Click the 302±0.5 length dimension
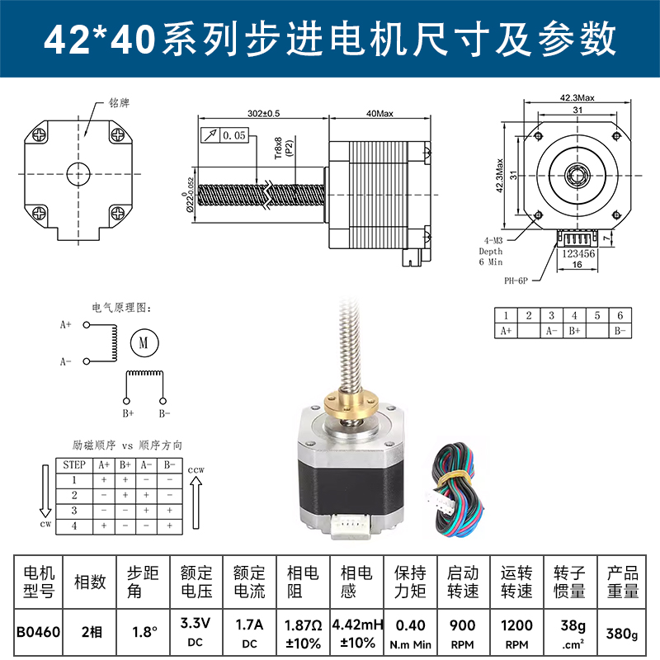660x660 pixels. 263,113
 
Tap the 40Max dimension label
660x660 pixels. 380,113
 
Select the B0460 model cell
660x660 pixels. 38,633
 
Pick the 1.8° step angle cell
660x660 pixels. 144,633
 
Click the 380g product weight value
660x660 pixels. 623,634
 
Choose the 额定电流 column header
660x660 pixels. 249,582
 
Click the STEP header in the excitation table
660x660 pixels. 74,465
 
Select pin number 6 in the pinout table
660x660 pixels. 620,315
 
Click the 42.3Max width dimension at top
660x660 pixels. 577,98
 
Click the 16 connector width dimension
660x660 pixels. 577,266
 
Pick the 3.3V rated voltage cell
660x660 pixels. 196,633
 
